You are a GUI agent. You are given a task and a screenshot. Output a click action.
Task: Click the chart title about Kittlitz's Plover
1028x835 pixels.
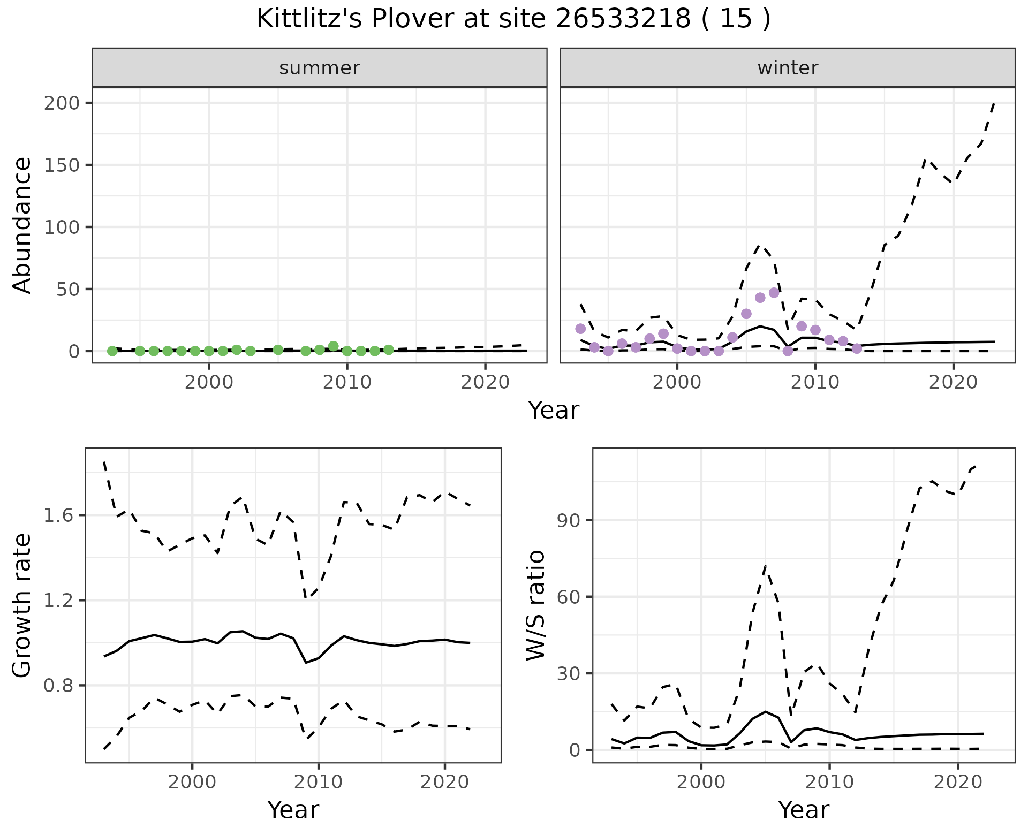513,19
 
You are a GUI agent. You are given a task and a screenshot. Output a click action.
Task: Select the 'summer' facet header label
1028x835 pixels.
320,68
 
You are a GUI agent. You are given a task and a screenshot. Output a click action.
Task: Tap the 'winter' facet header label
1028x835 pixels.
788,68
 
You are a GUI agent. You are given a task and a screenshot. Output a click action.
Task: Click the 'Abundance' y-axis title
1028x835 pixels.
22,225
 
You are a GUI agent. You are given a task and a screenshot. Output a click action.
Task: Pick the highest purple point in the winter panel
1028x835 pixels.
774,293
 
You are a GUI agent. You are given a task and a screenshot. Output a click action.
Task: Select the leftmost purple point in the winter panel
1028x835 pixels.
580,329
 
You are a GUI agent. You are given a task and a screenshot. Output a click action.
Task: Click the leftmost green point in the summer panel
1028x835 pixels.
112,351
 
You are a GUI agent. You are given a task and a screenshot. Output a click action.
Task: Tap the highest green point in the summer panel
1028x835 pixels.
333,346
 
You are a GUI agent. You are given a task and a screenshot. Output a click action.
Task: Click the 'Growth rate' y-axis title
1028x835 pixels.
22,605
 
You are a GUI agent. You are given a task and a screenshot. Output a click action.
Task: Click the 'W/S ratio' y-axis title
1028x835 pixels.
535,605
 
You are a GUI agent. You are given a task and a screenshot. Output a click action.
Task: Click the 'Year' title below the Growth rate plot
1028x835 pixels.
293,810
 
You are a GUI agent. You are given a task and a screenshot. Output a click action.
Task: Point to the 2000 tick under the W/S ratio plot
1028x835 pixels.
701,782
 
